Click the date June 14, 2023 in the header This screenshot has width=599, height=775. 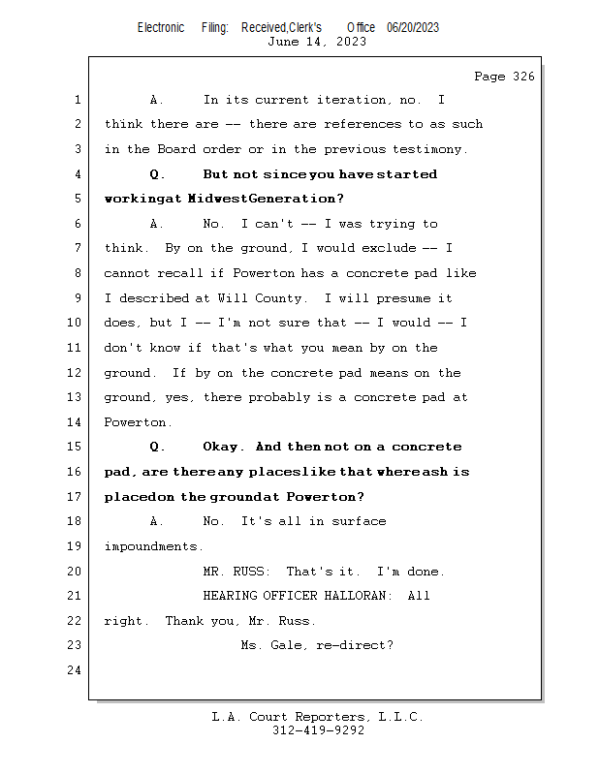317,42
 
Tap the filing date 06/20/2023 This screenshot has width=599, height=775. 413,27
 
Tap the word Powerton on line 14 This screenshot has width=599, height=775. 137,422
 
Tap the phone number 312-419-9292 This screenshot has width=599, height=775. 318,730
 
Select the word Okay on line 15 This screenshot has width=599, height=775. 223,447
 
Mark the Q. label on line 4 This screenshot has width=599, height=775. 157,174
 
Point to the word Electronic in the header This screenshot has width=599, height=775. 161,27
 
